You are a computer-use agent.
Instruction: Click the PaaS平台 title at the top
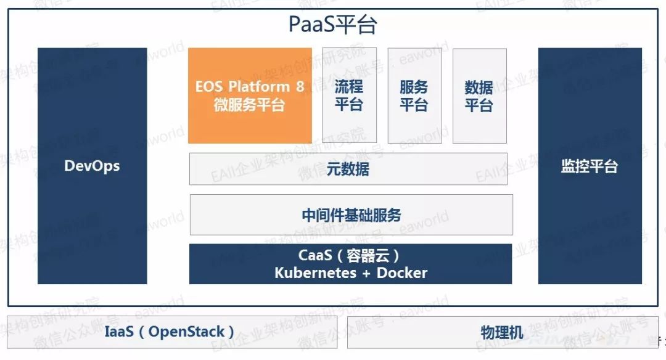[333, 25]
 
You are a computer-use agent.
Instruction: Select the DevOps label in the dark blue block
[92, 166]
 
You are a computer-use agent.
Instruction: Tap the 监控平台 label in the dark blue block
[589, 166]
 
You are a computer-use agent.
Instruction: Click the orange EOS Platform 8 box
[250, 96]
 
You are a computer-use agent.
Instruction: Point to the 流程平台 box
[349, 96]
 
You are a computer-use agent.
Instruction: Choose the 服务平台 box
[414, 96]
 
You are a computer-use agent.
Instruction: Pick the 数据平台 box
[479, 96]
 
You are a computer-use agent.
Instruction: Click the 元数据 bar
[348, 169]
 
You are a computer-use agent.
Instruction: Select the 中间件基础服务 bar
[351, 215]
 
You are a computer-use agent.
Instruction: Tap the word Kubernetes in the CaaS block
[314, 273]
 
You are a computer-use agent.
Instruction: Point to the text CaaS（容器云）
[350, 255]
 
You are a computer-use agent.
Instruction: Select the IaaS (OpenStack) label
[170, 332]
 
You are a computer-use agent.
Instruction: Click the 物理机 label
[502, 333]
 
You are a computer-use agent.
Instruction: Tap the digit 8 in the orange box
[300, 86]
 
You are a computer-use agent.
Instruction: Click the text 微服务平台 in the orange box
[249, 105]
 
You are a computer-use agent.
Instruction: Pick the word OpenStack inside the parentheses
[187, 332]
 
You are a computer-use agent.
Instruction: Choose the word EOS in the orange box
[208, 86]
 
